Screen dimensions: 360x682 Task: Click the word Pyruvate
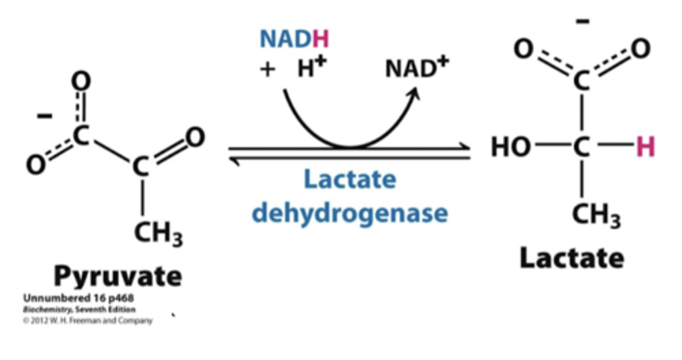[117, 276]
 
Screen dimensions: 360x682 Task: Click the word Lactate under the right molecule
[572, 259]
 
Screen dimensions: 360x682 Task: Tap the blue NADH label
[294, 39]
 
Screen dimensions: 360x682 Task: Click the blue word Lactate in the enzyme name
[350, 180]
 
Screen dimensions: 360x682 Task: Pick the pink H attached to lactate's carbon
[646, 147]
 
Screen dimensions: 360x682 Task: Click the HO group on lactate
[511, 147]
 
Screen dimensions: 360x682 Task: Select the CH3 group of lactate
[596, 216]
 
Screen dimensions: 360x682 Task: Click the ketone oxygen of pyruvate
[195, 137]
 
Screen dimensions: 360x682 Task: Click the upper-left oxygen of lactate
[523, 49]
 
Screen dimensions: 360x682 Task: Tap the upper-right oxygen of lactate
[640, 49]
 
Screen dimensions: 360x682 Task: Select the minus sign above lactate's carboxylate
[583, 21]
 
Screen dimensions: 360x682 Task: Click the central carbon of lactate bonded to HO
[582, 147]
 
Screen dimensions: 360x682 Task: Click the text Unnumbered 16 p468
[78, 298]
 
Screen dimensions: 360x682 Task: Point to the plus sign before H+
[268, 70]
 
